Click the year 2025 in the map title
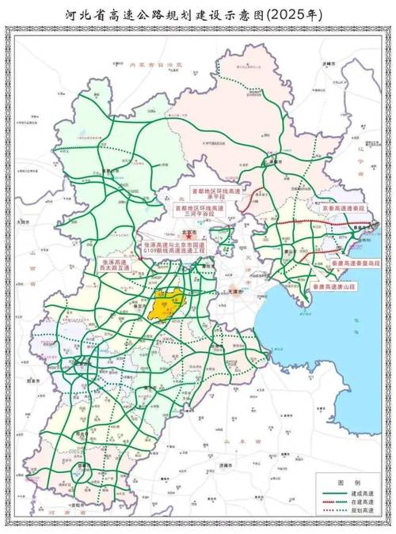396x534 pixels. (x=291, y=13)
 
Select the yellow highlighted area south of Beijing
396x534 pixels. (x=167, y=303)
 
